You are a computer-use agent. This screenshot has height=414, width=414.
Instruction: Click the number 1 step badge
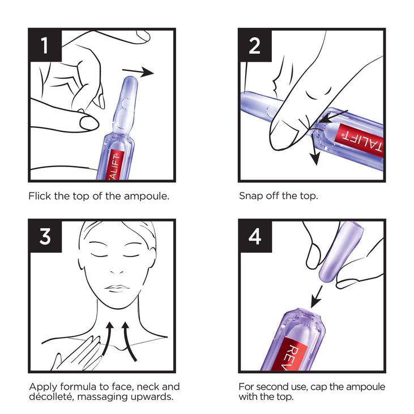click(x=45, y=45)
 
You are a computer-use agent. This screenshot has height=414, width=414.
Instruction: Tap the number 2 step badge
click(x=255, y=45)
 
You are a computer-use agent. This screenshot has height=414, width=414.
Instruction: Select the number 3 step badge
click(x=45, y=236)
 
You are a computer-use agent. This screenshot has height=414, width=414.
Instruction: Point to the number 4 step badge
click(x=255, y=236)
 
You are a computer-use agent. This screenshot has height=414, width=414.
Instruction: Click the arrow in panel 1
click(x=138, y=71)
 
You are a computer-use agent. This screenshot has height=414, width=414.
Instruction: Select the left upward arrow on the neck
click(x=108, y=339)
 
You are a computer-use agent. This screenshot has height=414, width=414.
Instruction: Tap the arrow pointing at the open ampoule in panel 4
click(x=317, y=296)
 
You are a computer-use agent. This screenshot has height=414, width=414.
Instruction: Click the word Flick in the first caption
click(x=40, y=196)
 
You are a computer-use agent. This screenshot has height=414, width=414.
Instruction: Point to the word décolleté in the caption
click(x=51, y=396)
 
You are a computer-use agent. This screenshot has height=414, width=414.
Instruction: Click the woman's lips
click(x=117, y=288)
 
